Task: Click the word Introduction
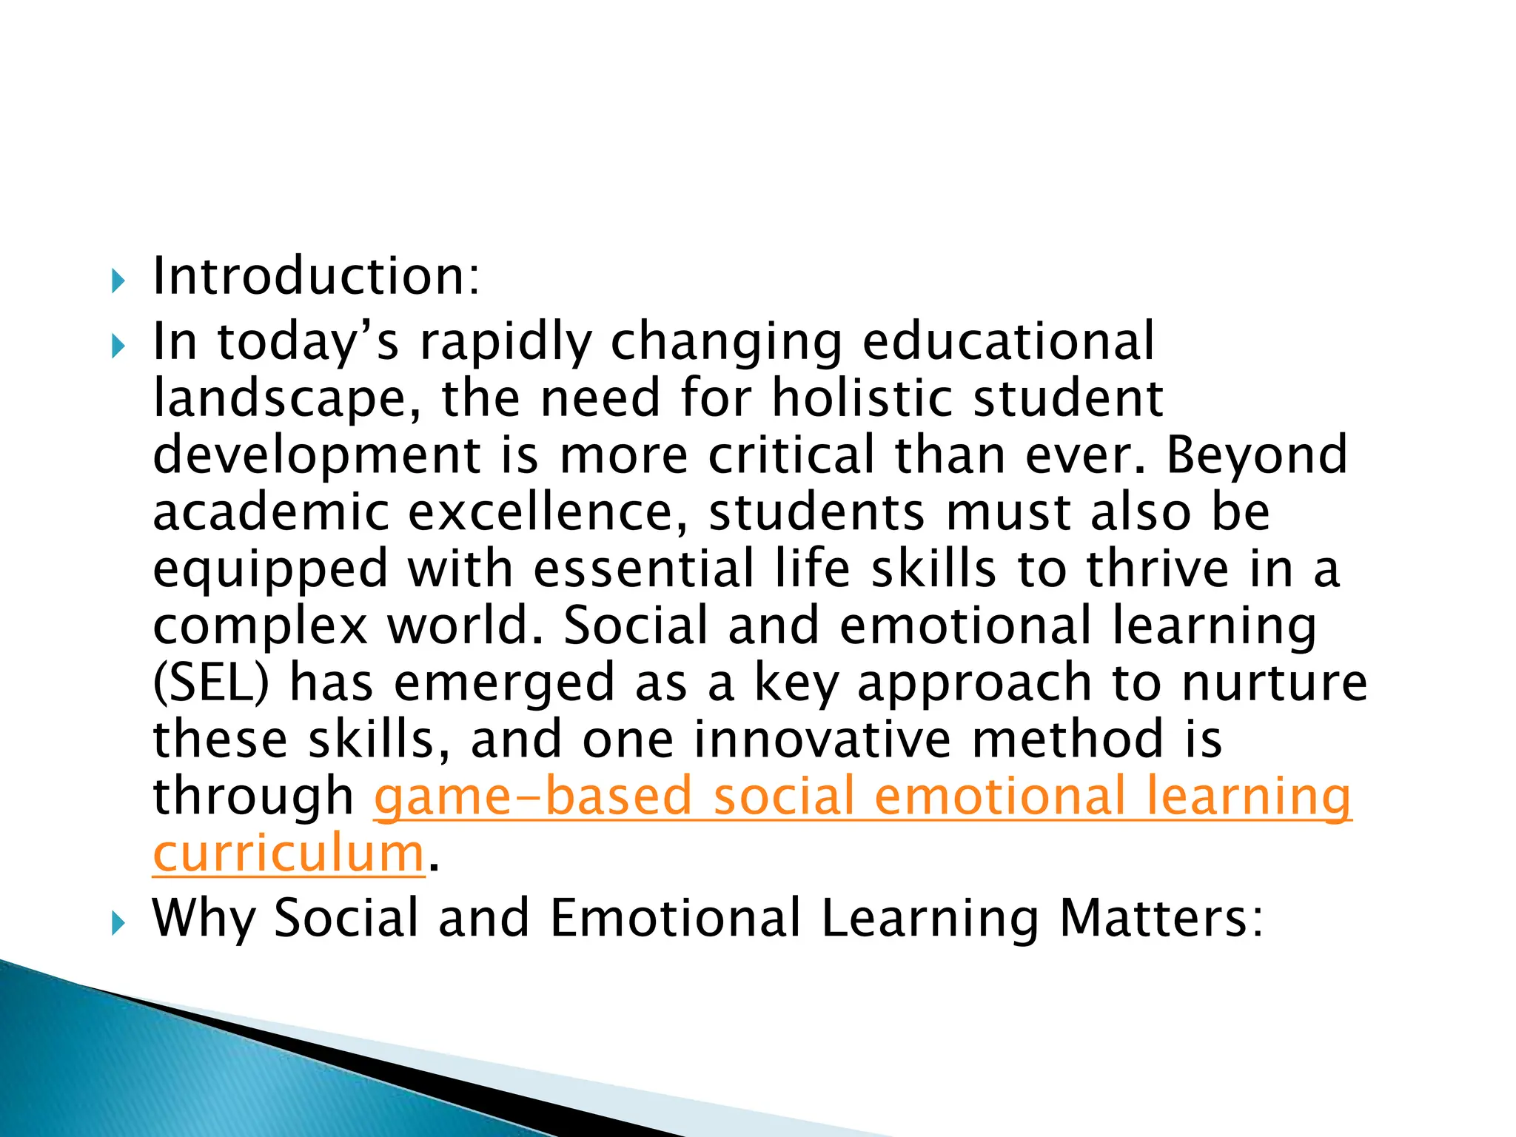point(315,276)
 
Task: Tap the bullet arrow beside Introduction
point(118,281)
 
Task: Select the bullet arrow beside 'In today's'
point(118,346)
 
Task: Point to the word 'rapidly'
point(506,343)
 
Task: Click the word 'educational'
point(1007,341)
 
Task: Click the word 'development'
point(317,457)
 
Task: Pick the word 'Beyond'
point(1256,455)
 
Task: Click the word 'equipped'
point(270,571)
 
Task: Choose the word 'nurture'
point(1273,683)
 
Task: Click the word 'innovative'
point(822,739)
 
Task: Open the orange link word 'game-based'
point(532,796)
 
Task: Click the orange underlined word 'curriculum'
point(289,853)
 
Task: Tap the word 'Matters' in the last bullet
point(1159,918)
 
